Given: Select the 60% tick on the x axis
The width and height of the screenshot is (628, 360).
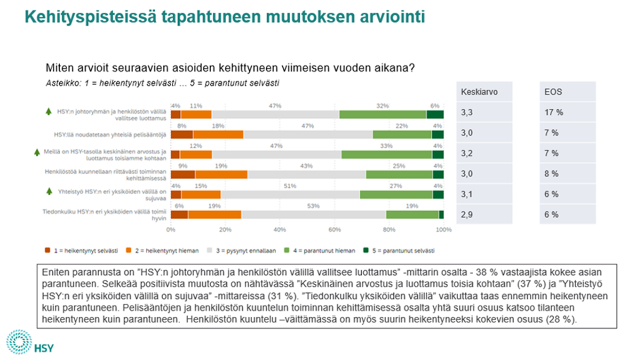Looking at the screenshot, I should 334,230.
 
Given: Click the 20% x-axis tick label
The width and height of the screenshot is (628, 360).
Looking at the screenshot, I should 225,230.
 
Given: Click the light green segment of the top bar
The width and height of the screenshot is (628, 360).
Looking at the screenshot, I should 382,114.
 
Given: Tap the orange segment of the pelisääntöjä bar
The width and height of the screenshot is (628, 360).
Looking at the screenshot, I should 218,135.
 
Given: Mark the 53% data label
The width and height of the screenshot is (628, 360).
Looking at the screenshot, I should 313,206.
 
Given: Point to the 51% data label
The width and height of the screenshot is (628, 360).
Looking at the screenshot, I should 290,186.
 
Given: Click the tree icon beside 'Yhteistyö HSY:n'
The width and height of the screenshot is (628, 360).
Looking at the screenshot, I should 48,191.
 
